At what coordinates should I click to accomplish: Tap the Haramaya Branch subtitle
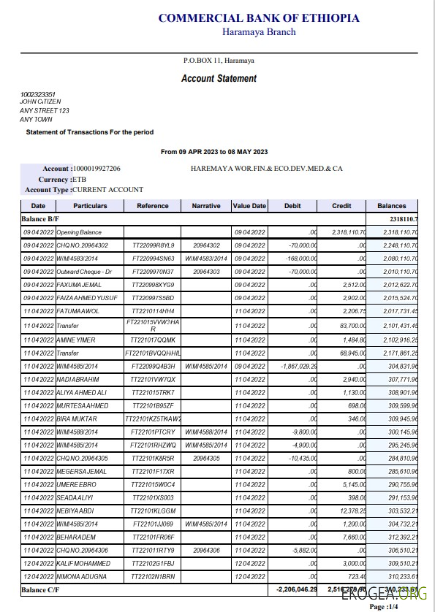tap(259, 31)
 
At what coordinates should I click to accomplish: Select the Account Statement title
tap(219, 78)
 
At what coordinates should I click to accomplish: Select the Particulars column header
tap(90, 206)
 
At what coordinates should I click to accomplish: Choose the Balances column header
tap(391, 206)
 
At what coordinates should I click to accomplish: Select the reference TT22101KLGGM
tap(153, 510)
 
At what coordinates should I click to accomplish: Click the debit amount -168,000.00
tap(298, 259)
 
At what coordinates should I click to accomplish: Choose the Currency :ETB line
tap(56, 179)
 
